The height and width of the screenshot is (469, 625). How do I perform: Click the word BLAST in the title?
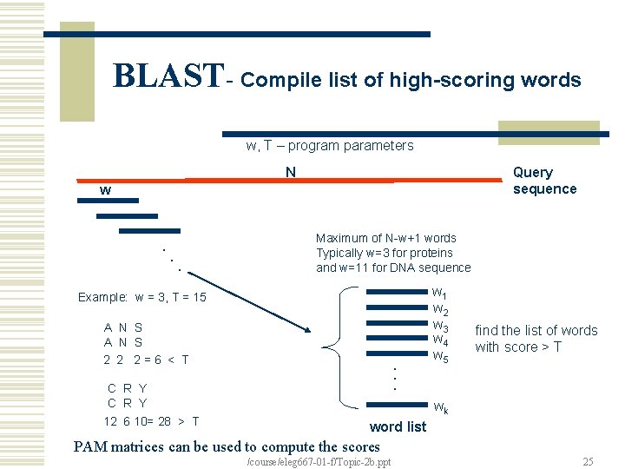pyautogui.click(x=168, y=76)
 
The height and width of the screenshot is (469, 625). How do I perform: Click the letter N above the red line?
pyautogui.click(x=292, y=172)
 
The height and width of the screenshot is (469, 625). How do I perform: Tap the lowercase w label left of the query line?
pyautogui.click(x=105, y=189)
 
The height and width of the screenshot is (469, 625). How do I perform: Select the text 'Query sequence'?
pyautogui.click(x=544, y=181)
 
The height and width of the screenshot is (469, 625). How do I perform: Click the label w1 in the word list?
pyautogui.click(x=439, y=293)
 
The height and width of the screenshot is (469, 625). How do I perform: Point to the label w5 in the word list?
pyautogui.click(x=439, y=356)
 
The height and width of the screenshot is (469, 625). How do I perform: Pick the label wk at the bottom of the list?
pyautogui.click(x=440, y=407)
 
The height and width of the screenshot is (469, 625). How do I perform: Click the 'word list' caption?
pyautogui.click(x=398, y=426)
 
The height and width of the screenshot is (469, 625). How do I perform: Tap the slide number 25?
pyautogui.click(x=588, y=462)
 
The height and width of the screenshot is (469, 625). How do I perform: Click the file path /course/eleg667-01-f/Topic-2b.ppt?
pyautogui.click(x=319, y=462)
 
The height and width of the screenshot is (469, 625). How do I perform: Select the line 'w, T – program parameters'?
pyautogui.click(x=330, y=146)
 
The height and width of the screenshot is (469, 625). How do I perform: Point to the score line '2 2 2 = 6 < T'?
pyautogui.click(x=146, y=360)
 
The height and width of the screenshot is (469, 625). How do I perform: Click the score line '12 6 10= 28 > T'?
pyautogui.click(x=151, y=421)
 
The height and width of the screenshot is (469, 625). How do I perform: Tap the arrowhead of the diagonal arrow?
pyautogui.click(x=306, y=329)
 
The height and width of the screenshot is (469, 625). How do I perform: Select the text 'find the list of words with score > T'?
pyautogui.click(x=536, y=339)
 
